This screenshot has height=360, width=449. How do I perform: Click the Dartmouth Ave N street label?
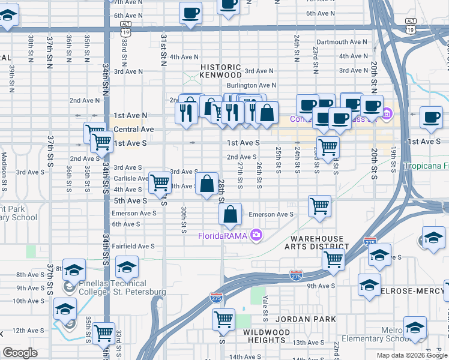pos(341,42)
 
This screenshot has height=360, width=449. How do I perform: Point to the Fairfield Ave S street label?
pos(133,246)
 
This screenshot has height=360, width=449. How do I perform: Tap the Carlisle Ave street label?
pos(130,178)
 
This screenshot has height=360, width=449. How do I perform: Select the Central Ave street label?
pos(134,129)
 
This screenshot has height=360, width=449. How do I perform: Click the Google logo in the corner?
pos(20,353)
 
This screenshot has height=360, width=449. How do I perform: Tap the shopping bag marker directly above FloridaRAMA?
pos(231,214)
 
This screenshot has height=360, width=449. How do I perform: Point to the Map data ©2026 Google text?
pos(411,355)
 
